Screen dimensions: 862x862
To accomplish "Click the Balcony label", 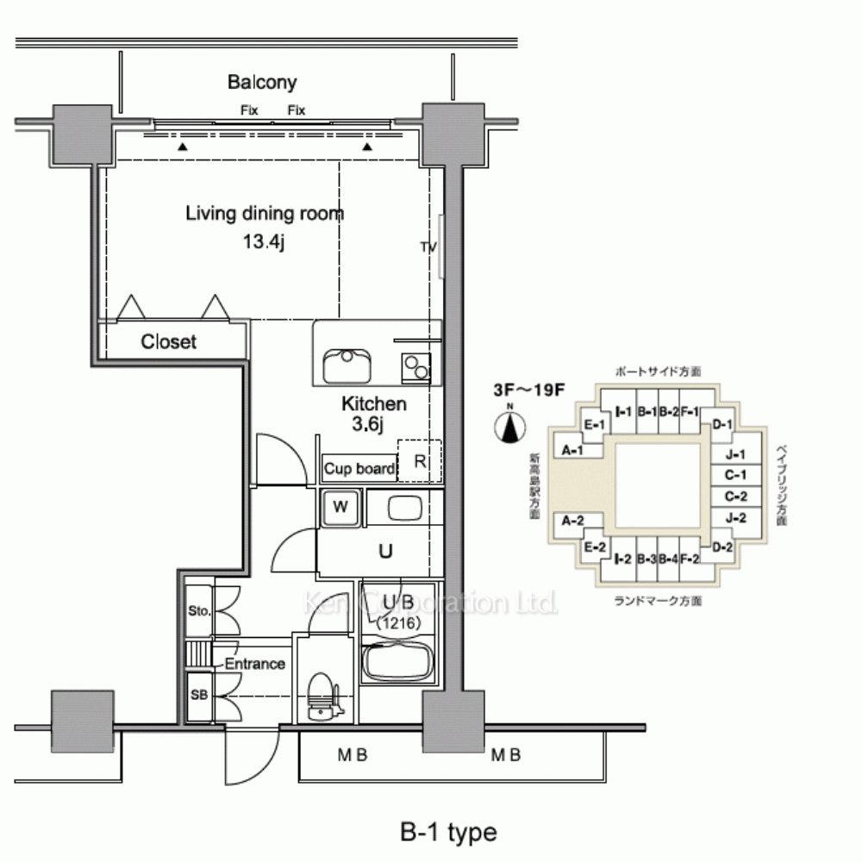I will (x=262, y=83).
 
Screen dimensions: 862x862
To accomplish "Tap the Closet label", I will (x=169, y=342).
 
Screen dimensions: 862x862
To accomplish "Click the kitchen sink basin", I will (x=347, y=365).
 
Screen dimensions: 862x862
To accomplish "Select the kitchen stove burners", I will (x=415, y=365).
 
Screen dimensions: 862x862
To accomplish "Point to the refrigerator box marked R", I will (x=419, y=461).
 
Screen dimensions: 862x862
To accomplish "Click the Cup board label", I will (x=359, y=469).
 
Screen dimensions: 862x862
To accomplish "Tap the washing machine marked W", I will (x=340, y=507).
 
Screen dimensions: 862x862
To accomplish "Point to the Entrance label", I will (x=254, y=664).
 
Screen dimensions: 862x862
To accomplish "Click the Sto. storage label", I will (x=199, y=612).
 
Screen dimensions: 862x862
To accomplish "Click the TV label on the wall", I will (x=428, y=247).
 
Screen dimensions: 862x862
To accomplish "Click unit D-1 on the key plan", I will (x=722, y=424).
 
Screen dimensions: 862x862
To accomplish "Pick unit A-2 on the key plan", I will (x=573, y=520).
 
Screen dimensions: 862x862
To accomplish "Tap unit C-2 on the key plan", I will (x=734, y=496).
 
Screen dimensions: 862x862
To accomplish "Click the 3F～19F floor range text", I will (x=528, y=389).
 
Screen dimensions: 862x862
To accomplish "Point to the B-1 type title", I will (x=448, y=833).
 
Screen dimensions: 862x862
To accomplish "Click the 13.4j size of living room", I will (x=263, y=241).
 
